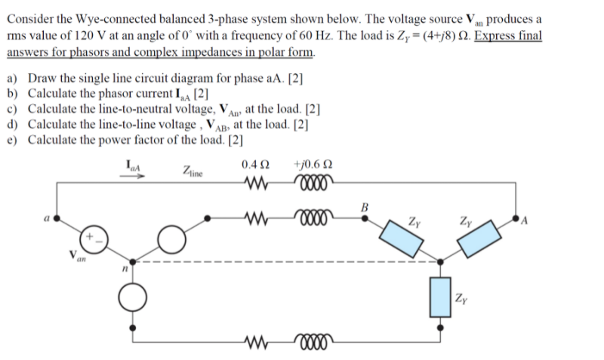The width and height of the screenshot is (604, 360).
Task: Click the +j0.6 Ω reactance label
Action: coord(312,165)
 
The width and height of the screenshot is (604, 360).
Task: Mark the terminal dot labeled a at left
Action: coord(55,220)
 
